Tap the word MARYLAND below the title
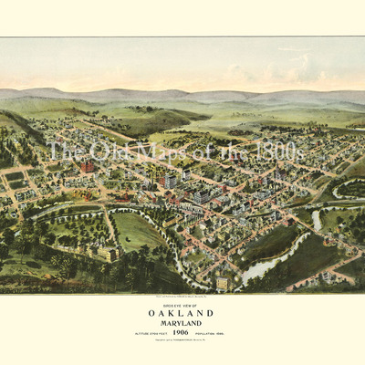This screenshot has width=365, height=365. point(182,322)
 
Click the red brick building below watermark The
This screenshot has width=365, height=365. point(87,167)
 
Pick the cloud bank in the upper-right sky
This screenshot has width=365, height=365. point(292,68)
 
